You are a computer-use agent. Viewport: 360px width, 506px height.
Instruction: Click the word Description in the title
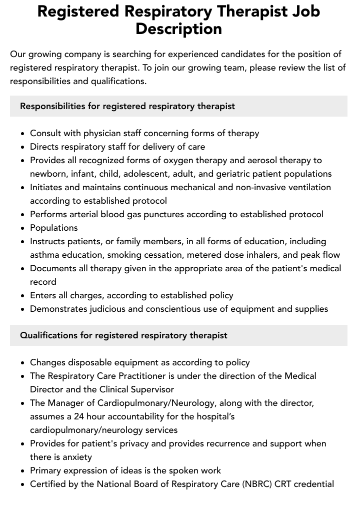coord(178,29)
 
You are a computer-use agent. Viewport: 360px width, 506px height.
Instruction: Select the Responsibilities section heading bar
coord(178,106)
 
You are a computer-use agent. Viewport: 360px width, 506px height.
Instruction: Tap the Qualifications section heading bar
coord(178,335)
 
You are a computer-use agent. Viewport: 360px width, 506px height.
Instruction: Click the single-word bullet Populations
coord(53,228)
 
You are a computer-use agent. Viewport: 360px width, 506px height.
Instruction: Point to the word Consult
coord(45,133)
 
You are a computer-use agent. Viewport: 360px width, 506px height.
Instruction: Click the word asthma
coord(45,255)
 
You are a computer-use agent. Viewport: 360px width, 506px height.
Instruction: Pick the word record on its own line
coord(43,282)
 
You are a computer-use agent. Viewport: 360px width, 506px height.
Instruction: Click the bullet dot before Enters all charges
coord(22,296)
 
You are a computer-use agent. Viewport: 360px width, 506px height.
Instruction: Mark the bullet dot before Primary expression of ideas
coord(22,471)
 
